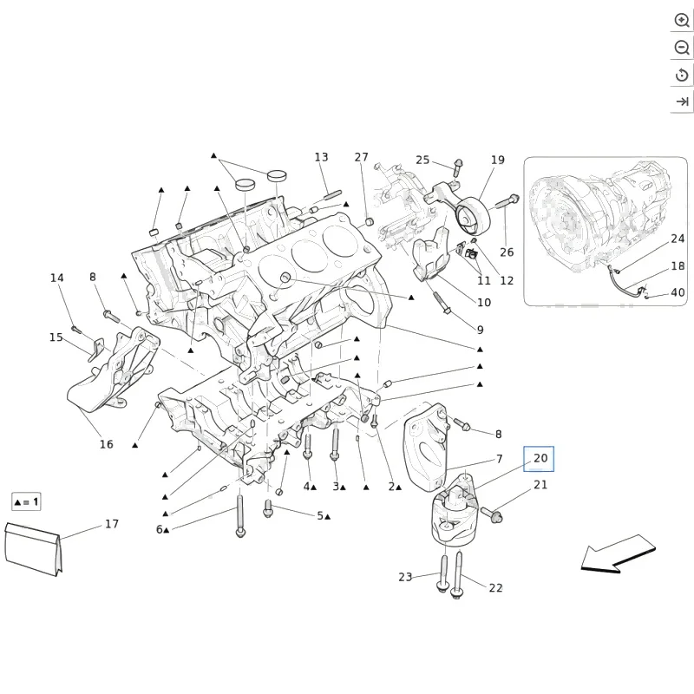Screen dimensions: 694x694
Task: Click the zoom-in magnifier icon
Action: pyautogui.click(x=682, y=21)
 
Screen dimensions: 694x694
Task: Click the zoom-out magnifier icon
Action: pyautogui.click(x=682, y=48)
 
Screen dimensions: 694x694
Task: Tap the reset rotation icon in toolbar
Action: pyautogui.click(x=682, y=75)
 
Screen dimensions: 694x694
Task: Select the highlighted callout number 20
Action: pyautogui.click(x=540, y=458)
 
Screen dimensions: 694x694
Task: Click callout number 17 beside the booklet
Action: pyautogui.click(x=112, y=524)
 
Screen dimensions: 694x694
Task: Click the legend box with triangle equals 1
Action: pyautogui.click(x=26, y=502)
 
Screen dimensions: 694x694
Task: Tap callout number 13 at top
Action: pyautogui.click(x=321, y=157)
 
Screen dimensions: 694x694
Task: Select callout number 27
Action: pyautogui.click(x=361, y=157)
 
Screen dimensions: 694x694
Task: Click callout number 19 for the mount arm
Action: pyautogui.click(x=497, y=160)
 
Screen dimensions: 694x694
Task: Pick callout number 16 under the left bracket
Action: pyautogui.click(x=106, y=444)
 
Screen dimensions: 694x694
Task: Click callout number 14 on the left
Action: pyautogui.click(x=56, y=278)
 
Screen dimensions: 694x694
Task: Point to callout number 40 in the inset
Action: pyautogui.click(x=678, y=292)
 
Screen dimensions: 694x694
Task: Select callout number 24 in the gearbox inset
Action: pyautogui.click(x=678, y=238)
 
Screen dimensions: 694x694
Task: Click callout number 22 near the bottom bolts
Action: pyautogui.click(x=495, y=587)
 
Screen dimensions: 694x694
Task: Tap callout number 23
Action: pyautogui.click(x=405, y=577)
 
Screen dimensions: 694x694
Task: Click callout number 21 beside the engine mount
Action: pyautogui.click(x=540, y=485)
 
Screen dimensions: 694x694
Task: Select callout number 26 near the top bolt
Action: pyautogui.click(x=507, y=252)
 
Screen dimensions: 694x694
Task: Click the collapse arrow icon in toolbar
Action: pyautogui.click(x=682, y=102)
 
